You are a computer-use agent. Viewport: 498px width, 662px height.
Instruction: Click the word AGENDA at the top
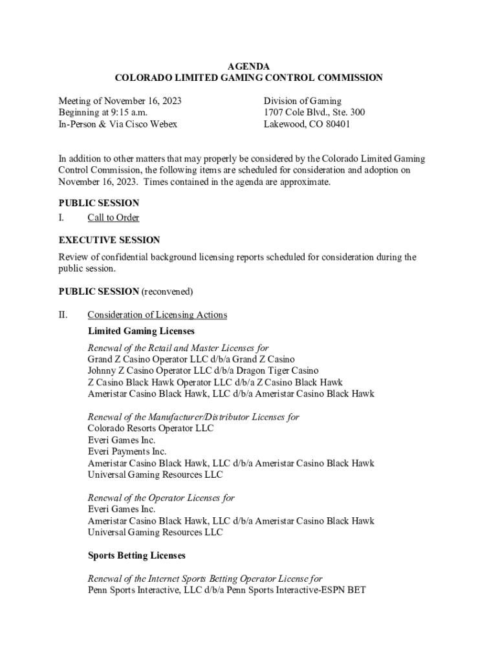tap(248, 66)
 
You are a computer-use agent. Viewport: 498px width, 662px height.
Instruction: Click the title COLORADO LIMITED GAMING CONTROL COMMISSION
tap(248, 78)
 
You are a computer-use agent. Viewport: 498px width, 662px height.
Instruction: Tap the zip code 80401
tap(336, 124)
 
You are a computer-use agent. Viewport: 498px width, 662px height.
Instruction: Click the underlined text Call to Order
tap(113, 218)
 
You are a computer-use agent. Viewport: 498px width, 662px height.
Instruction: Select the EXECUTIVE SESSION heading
tap(109, 240)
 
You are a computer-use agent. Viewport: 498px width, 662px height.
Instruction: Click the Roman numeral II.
tap(63, 315)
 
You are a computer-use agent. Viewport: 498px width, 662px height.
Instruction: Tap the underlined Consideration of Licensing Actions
tap(157, 315)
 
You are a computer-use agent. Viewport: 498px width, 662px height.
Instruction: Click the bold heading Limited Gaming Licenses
tap(141, 331)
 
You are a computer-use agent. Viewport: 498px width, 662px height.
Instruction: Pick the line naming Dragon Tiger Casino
tap(203, 370)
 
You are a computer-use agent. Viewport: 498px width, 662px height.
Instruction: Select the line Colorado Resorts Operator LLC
tap(151, 428)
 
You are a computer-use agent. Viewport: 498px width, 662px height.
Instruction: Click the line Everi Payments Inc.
tap(127, 451)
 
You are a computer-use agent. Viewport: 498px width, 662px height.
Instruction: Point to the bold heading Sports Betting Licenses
tap(136, 555)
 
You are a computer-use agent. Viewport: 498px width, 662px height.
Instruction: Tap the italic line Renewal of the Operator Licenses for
tap(161, 498)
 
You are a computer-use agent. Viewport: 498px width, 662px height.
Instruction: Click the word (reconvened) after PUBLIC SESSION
tap(168, 291)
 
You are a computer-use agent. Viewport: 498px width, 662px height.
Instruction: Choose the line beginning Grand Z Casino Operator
tap(191, 359)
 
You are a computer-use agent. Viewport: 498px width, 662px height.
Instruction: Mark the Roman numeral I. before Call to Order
tap(61, 218)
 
